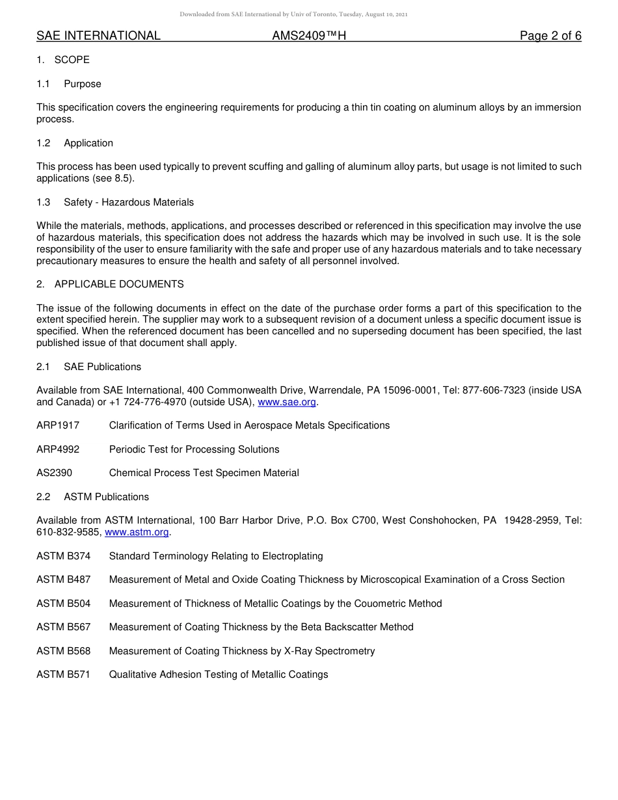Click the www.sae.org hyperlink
click(x=287, y=402)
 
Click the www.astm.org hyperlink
click(x=137, y=532)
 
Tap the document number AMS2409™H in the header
click(x=309, y=36)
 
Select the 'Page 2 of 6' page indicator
click(x=550, y=36)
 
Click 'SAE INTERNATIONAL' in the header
click(x=98, y=36)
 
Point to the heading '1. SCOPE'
click(x=63, y=60)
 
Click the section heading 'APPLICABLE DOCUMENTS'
click(x=119, y=284)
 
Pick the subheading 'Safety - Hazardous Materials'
click(x=129, y=202)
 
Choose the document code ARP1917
click(x=58, y=425)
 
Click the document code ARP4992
click(x=58, y=449)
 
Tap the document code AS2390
click(x=55, y=473)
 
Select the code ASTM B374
click(x=64, y=556)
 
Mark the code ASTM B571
click(x=64, y=674)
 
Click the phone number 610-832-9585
click(x=68, y=532)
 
